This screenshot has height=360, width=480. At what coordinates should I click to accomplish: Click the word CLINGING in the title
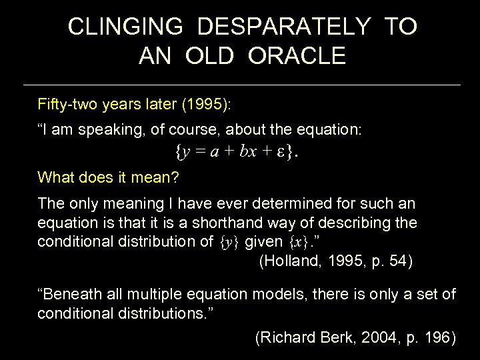[125, 27]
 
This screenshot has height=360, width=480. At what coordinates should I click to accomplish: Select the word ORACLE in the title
[297, 56]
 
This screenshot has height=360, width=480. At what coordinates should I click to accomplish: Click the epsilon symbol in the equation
[282, 153]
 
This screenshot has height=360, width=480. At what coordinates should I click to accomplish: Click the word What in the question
[55, 177]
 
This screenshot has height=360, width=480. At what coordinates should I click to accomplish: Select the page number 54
[398, 261]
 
